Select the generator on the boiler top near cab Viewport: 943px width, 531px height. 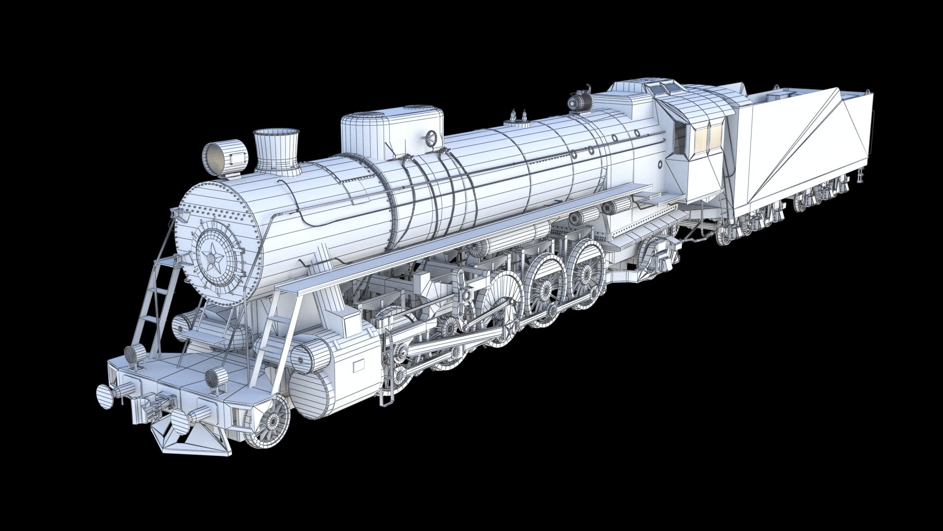580,102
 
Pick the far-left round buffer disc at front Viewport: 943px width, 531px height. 105,396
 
